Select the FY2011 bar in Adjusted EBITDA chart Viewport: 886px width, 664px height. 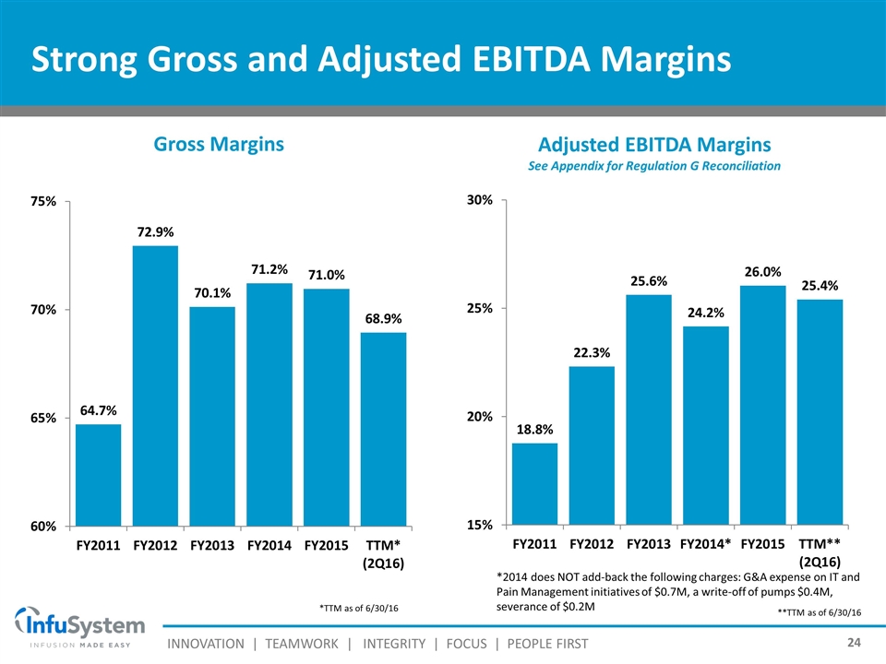534,483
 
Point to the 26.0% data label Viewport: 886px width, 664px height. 762,272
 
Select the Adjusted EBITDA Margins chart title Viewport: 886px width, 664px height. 654,145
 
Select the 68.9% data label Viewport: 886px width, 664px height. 382,319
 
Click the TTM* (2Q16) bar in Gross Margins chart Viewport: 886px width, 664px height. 382,429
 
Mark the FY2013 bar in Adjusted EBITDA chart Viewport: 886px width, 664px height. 649,409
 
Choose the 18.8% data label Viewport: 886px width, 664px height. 534,430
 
